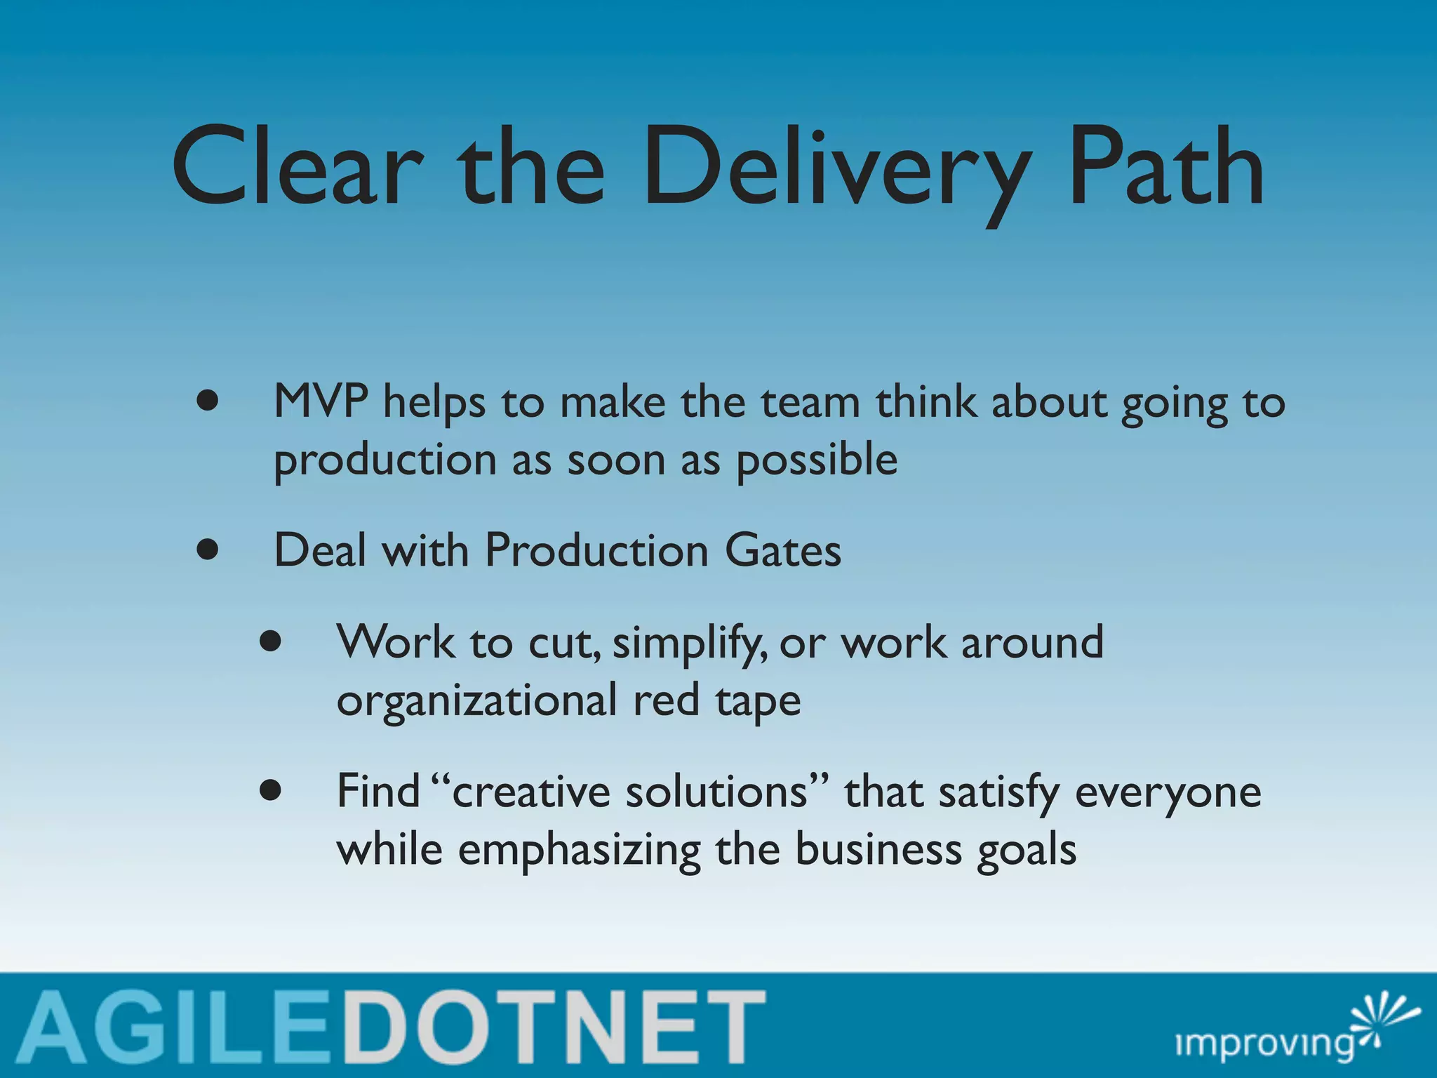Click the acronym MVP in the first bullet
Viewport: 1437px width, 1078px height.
pyautogui.click(x=320, y=402)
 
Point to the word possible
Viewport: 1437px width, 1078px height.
pyautogui.click(x=816, y=462)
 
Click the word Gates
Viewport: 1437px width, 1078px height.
pyautogui.click(x=782, y=551)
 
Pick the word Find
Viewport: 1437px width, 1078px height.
pyautogui.click(x=378, y=792)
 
